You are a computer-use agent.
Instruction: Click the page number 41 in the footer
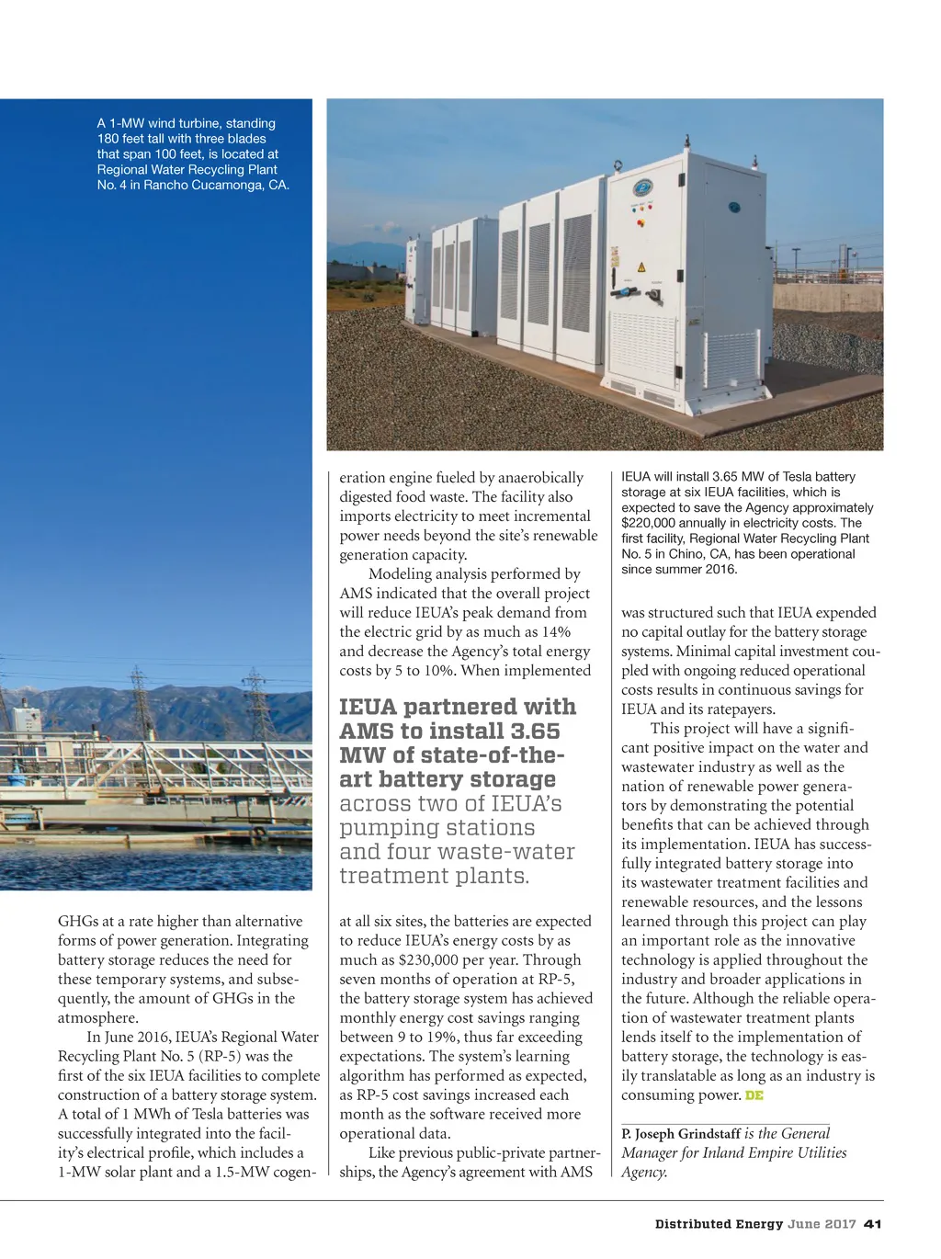pyautogui.click(x=873, y=1224)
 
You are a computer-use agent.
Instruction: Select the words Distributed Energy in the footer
pyautogui.click(x=719, y=1224)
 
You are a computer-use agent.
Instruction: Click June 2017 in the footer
pyautogui.click(x=822, y=1224)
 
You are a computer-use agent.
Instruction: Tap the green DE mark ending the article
pyautogui.click(x=754, y=1095)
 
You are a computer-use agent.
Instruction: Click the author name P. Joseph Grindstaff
pyautogui.click(x=681, y=1134)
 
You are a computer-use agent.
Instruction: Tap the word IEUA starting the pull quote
pyautogui.click(x=368, y=708)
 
